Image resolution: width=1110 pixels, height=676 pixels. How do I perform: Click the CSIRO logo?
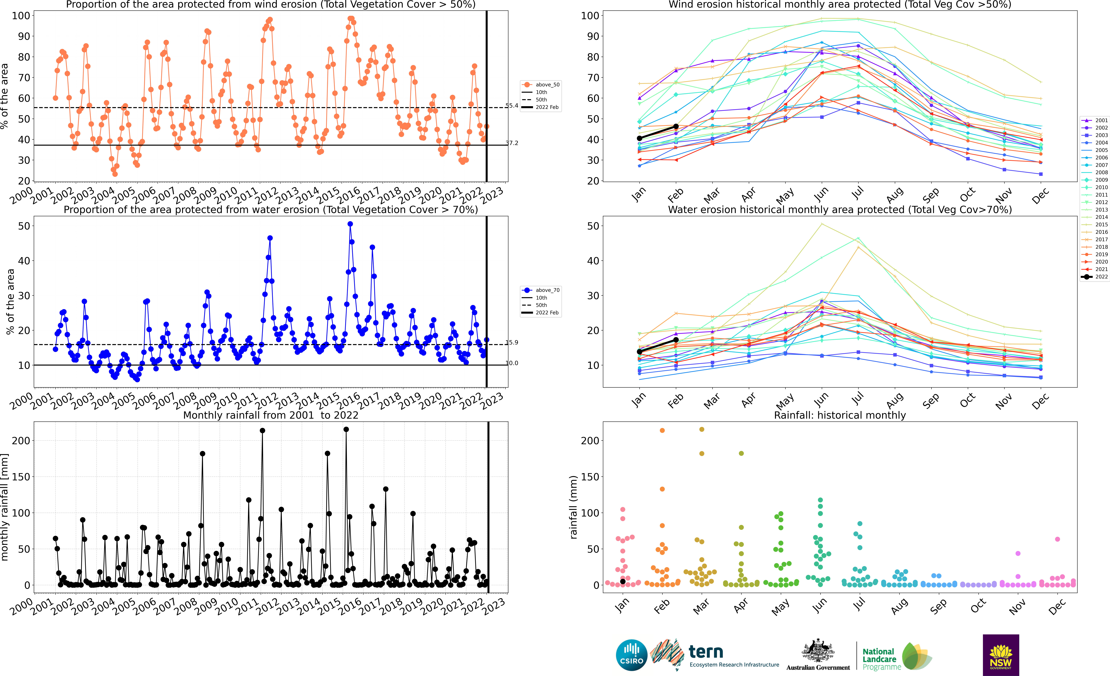tap(632, 655)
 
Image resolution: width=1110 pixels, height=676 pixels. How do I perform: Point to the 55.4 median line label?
tap(512, 106)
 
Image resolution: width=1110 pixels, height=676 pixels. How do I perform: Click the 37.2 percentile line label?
tap(512, 143)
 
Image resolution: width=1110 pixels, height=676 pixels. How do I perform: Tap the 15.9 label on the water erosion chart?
tap(512, 343)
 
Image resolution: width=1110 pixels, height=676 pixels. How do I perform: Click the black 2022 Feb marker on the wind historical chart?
tap(676, 127)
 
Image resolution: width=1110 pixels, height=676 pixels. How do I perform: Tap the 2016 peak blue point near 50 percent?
tap(350, 224)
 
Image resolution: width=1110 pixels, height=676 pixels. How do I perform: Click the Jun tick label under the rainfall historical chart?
tap(820, 605)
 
